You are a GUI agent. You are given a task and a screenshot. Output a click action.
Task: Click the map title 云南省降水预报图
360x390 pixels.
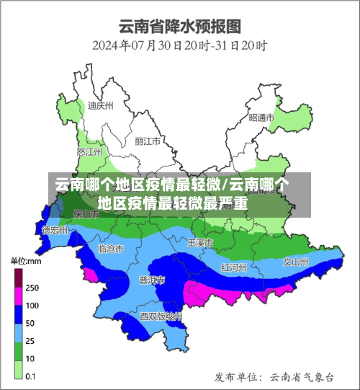coord(180,28)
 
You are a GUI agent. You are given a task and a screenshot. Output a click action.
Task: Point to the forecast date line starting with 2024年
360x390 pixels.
coord(180,46)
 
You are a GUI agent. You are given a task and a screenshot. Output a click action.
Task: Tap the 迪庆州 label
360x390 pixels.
coord(100,105)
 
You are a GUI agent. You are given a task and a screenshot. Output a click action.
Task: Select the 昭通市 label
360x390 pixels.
coord(261,118)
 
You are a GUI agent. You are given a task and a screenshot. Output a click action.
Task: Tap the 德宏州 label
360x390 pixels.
coord(55,231)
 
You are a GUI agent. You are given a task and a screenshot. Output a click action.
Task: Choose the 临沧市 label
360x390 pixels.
coord(110,249)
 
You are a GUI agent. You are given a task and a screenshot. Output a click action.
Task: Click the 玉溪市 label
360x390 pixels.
coord(199,242)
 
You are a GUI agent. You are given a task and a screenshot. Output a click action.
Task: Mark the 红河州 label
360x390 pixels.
coord(234,267)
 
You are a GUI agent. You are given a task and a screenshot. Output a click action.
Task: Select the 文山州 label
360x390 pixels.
coord(296,262)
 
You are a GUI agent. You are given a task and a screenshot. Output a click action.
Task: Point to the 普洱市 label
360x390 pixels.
coord(152,280)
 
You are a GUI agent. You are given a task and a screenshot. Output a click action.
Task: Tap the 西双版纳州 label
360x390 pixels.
coord(161,316)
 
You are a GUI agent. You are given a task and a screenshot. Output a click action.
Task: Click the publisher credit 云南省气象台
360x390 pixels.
coord(302,376)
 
